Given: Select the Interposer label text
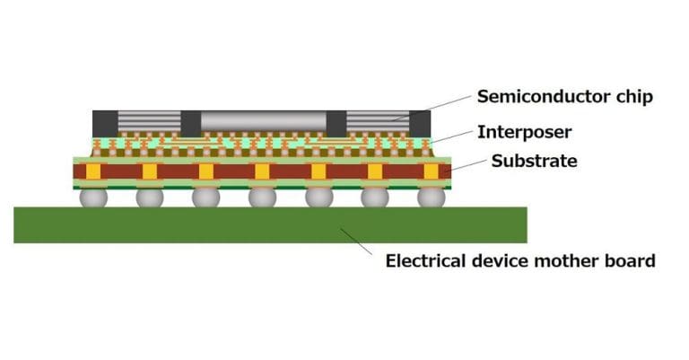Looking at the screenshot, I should [x=525, y=132].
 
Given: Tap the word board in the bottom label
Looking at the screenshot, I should [x=632, y=262].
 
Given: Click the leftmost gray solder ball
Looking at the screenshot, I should [x=93, y=197].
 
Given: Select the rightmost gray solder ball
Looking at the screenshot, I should [x=432, y=197].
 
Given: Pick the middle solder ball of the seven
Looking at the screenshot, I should [x=262, y=197].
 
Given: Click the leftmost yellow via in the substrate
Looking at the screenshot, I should [x=93, y=171].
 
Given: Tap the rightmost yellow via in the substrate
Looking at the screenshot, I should [x=432, y=171].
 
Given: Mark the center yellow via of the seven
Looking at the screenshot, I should [x=262, y=171].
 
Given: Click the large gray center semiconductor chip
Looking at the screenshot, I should [x=262, y=122].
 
